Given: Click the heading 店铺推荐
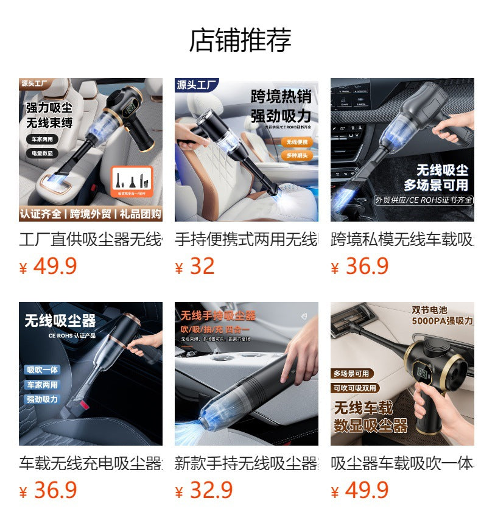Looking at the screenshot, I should click(240, 40).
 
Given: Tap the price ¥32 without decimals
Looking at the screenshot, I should click(195, 267).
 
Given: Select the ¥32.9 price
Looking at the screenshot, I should click(204, 490).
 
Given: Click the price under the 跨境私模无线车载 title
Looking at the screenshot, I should click(360, 267).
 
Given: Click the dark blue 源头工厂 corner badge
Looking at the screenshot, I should click(196, 85).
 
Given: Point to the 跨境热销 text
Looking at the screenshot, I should click(281, 96).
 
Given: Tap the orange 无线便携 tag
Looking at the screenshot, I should click(298, 142).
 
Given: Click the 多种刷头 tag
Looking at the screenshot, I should click(298, 156).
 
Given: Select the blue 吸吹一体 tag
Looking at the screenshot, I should click(42, 370).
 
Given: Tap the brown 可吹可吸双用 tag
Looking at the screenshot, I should click(355, 388).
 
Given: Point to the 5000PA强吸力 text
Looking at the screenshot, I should click(441, 321).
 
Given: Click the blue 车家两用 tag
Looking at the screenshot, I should click(42, 385).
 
